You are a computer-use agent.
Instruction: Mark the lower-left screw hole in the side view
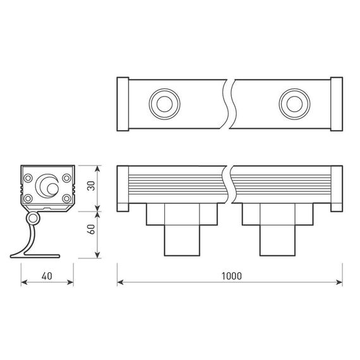click(29, 199)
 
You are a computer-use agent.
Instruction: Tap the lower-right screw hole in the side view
click(66, 199)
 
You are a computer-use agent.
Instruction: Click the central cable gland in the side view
click(46, 186)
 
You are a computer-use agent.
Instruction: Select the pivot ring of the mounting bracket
click(32, 219)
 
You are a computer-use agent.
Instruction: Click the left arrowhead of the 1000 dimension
click(121, 282)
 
